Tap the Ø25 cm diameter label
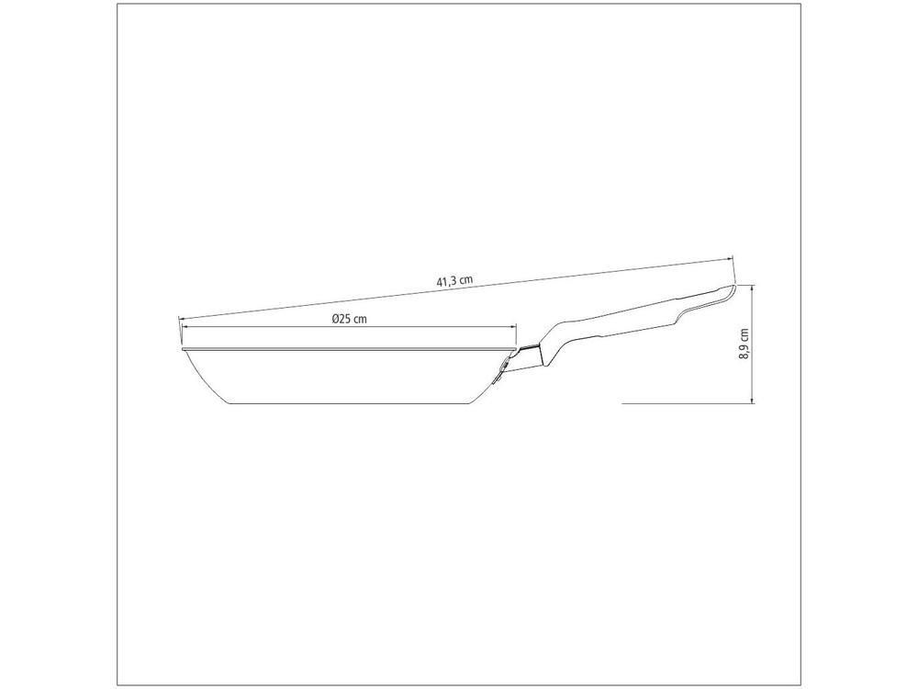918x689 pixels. (349, 319)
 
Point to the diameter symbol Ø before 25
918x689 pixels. (335, 319)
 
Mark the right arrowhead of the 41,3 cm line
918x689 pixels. (732, 260)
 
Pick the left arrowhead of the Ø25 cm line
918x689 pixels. (185, 327)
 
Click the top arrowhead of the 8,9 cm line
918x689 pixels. (753, 288)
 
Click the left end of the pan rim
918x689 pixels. (184, 349)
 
